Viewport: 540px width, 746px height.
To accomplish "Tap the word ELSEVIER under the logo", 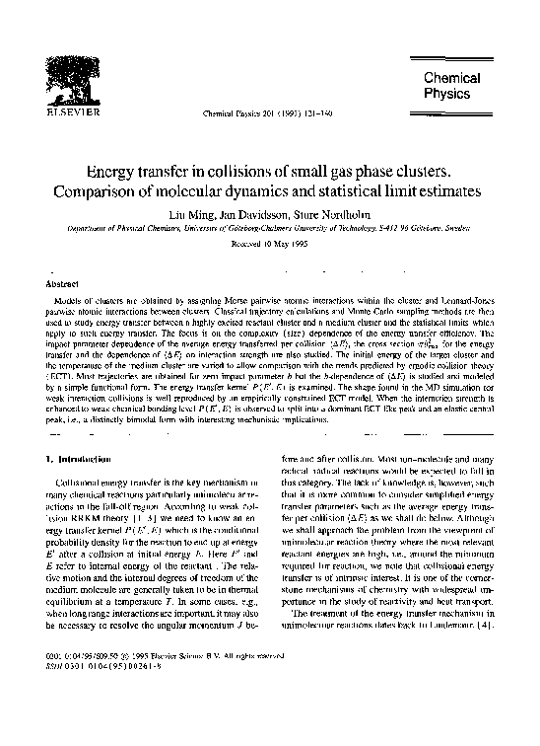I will [55, 112].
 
